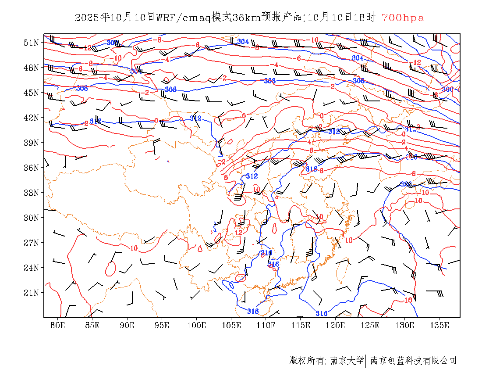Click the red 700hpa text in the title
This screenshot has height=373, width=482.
403,18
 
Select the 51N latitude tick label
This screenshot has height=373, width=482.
31,43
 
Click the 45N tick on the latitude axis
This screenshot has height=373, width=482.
31,93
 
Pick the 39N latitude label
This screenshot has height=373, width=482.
31,143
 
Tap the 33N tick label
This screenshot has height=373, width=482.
31,193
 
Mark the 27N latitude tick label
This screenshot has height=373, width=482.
31,243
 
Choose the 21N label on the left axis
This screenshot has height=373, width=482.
31,293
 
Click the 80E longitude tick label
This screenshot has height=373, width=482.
58,325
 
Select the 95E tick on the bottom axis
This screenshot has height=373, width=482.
162,325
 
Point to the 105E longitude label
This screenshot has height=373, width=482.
231,325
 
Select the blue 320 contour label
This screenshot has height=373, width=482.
406,184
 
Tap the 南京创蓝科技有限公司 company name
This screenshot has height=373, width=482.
413,361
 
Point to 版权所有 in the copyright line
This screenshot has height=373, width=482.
307,361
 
